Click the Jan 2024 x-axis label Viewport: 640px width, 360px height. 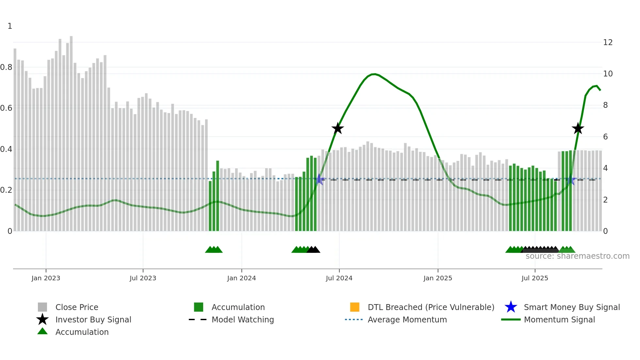(241, 278)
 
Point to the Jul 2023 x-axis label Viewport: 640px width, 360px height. (143, 278)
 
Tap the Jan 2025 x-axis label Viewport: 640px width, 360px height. (438, 278)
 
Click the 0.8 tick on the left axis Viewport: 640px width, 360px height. (6, 67)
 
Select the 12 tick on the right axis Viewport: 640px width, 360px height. (608, 42)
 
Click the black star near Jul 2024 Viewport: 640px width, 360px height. (338, 128)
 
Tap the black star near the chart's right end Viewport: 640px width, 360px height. (578, 128)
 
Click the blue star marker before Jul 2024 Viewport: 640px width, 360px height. (320, 179)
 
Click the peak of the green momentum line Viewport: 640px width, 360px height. (375, 74)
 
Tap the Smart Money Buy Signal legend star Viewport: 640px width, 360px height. (511, 307)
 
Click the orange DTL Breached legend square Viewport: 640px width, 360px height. (355, 307)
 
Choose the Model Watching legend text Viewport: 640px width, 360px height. (243, 319)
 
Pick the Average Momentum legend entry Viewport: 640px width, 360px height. (407, 319)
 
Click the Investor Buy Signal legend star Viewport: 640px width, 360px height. (42, 319)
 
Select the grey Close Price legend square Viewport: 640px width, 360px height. (42, 307)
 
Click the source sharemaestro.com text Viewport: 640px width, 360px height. (577, 256)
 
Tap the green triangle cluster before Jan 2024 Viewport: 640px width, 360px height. (214, 250)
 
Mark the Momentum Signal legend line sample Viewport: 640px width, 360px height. (511, 319)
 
